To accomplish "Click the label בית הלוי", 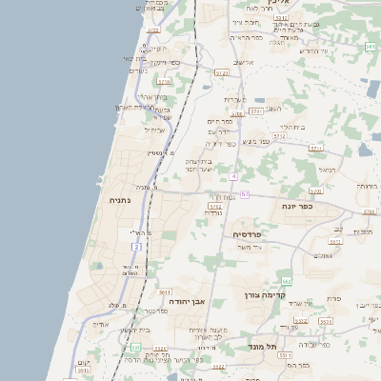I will tap(291, 127).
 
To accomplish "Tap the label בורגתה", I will tap(367, 186).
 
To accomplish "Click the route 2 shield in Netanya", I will tap(137, 247).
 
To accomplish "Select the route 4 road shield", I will tap(233, 176).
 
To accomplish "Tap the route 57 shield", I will tap(245, 194).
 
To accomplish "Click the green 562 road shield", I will tap(286, 281).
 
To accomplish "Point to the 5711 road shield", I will tap(316, 149).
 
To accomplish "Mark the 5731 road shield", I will tap(255, 111).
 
